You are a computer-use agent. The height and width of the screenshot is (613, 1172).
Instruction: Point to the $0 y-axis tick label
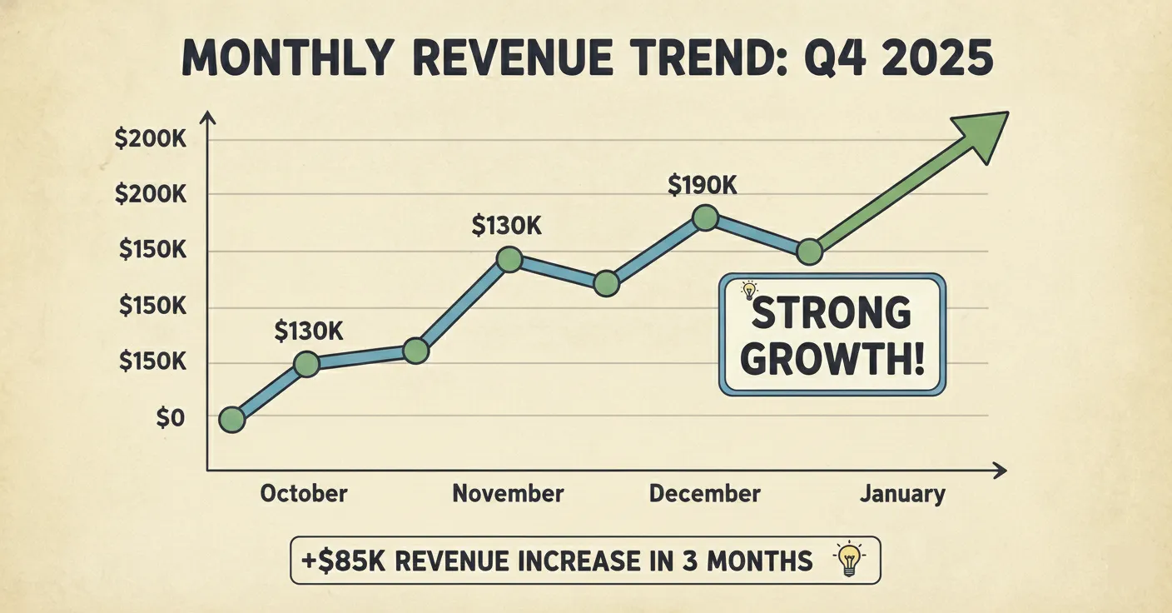click(170, 419)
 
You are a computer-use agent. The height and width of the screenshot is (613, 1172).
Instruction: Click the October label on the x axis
click(303, 493)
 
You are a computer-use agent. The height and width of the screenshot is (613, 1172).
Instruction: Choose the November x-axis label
click(508, 493)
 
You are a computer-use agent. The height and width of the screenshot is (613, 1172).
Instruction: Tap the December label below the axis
click(704, 493)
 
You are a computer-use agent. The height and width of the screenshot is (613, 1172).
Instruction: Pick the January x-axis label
click(903, 494)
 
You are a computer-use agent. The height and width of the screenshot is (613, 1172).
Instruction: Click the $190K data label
click(703, 185)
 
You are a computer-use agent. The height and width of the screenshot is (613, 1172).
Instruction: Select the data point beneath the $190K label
click(705, 218)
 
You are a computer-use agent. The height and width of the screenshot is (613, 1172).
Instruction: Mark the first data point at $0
click(232, 420)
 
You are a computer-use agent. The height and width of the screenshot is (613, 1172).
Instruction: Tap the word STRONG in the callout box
click(831, 314)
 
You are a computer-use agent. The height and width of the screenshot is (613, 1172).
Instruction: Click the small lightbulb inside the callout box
click(749, 291)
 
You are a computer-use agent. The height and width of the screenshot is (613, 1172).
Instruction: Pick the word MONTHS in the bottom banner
click(759, 561)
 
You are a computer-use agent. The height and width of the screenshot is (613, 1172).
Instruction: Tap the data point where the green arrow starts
click(809, 252)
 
